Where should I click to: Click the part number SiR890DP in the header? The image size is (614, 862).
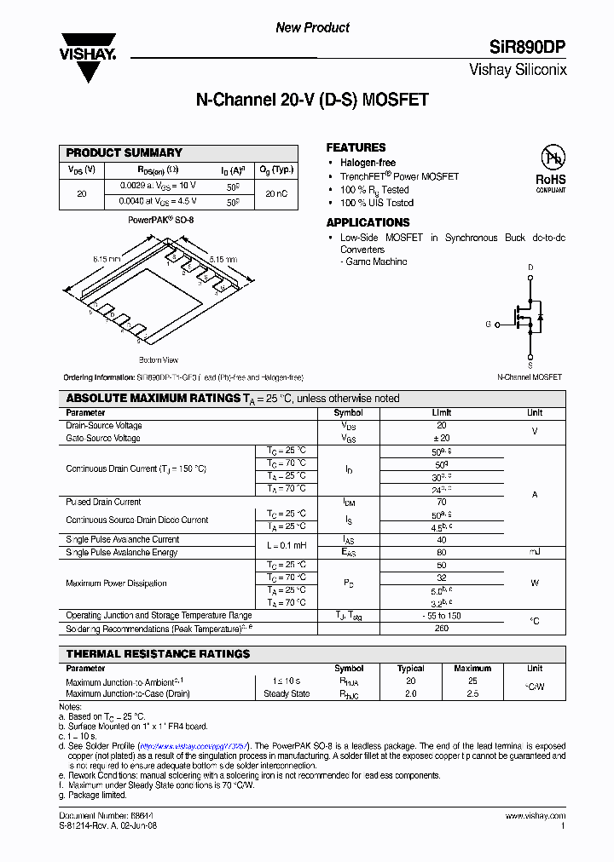[527, 48]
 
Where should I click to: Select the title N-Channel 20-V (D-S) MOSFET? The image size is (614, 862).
[312, 101]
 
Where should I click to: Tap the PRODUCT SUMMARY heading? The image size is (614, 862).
[125, 152]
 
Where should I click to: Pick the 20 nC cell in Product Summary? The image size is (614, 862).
[276, 194]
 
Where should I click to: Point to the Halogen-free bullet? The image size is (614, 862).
[368, 163]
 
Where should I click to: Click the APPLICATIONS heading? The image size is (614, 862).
[368, 222]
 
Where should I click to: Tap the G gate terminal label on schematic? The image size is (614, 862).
[489, 325]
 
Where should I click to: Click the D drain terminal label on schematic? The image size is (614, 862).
[530, 267]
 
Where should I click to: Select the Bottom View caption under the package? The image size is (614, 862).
[158, 360]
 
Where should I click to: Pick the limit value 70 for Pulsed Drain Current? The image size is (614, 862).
[441, 502]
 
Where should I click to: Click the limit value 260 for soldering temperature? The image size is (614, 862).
[441, 629]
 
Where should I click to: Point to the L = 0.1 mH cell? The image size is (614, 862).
[287, 545]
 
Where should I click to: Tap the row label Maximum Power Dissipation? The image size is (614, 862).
[116, 583]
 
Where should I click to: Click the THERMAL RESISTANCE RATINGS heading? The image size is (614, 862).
[158, 654]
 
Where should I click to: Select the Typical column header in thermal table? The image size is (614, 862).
[410, 669]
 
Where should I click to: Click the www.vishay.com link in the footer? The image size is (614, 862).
[536, 816]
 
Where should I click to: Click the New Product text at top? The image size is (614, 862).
[312, 28]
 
